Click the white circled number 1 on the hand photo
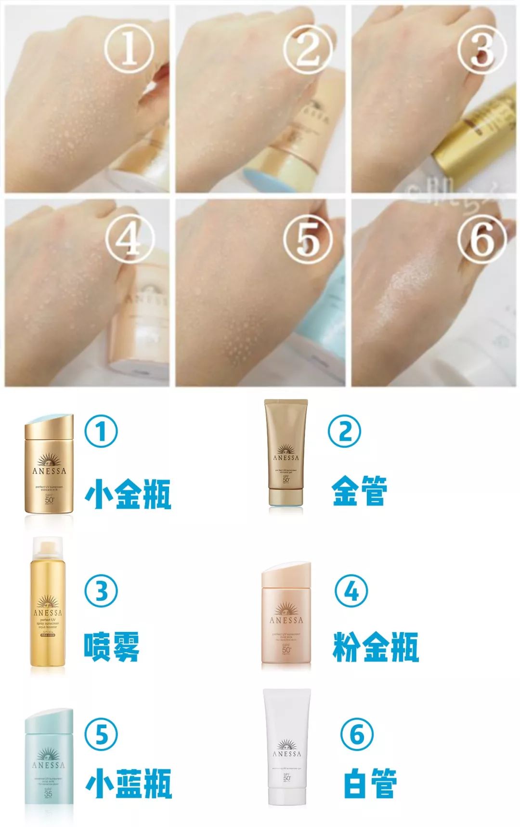(129, 50)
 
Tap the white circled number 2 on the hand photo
(307, 50)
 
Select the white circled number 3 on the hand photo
(481, 50)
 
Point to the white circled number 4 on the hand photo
(129, 239)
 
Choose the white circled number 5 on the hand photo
(307, 239)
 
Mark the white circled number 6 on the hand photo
(481, 239)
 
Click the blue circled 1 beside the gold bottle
(101, 432)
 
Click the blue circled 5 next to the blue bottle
(101, 734)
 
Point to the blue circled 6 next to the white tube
(357, 734)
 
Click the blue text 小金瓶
(128, 494)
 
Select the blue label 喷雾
(112, 646)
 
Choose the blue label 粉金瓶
(376, 646)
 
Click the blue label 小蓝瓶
(128, 783)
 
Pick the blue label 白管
(370, 783)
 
